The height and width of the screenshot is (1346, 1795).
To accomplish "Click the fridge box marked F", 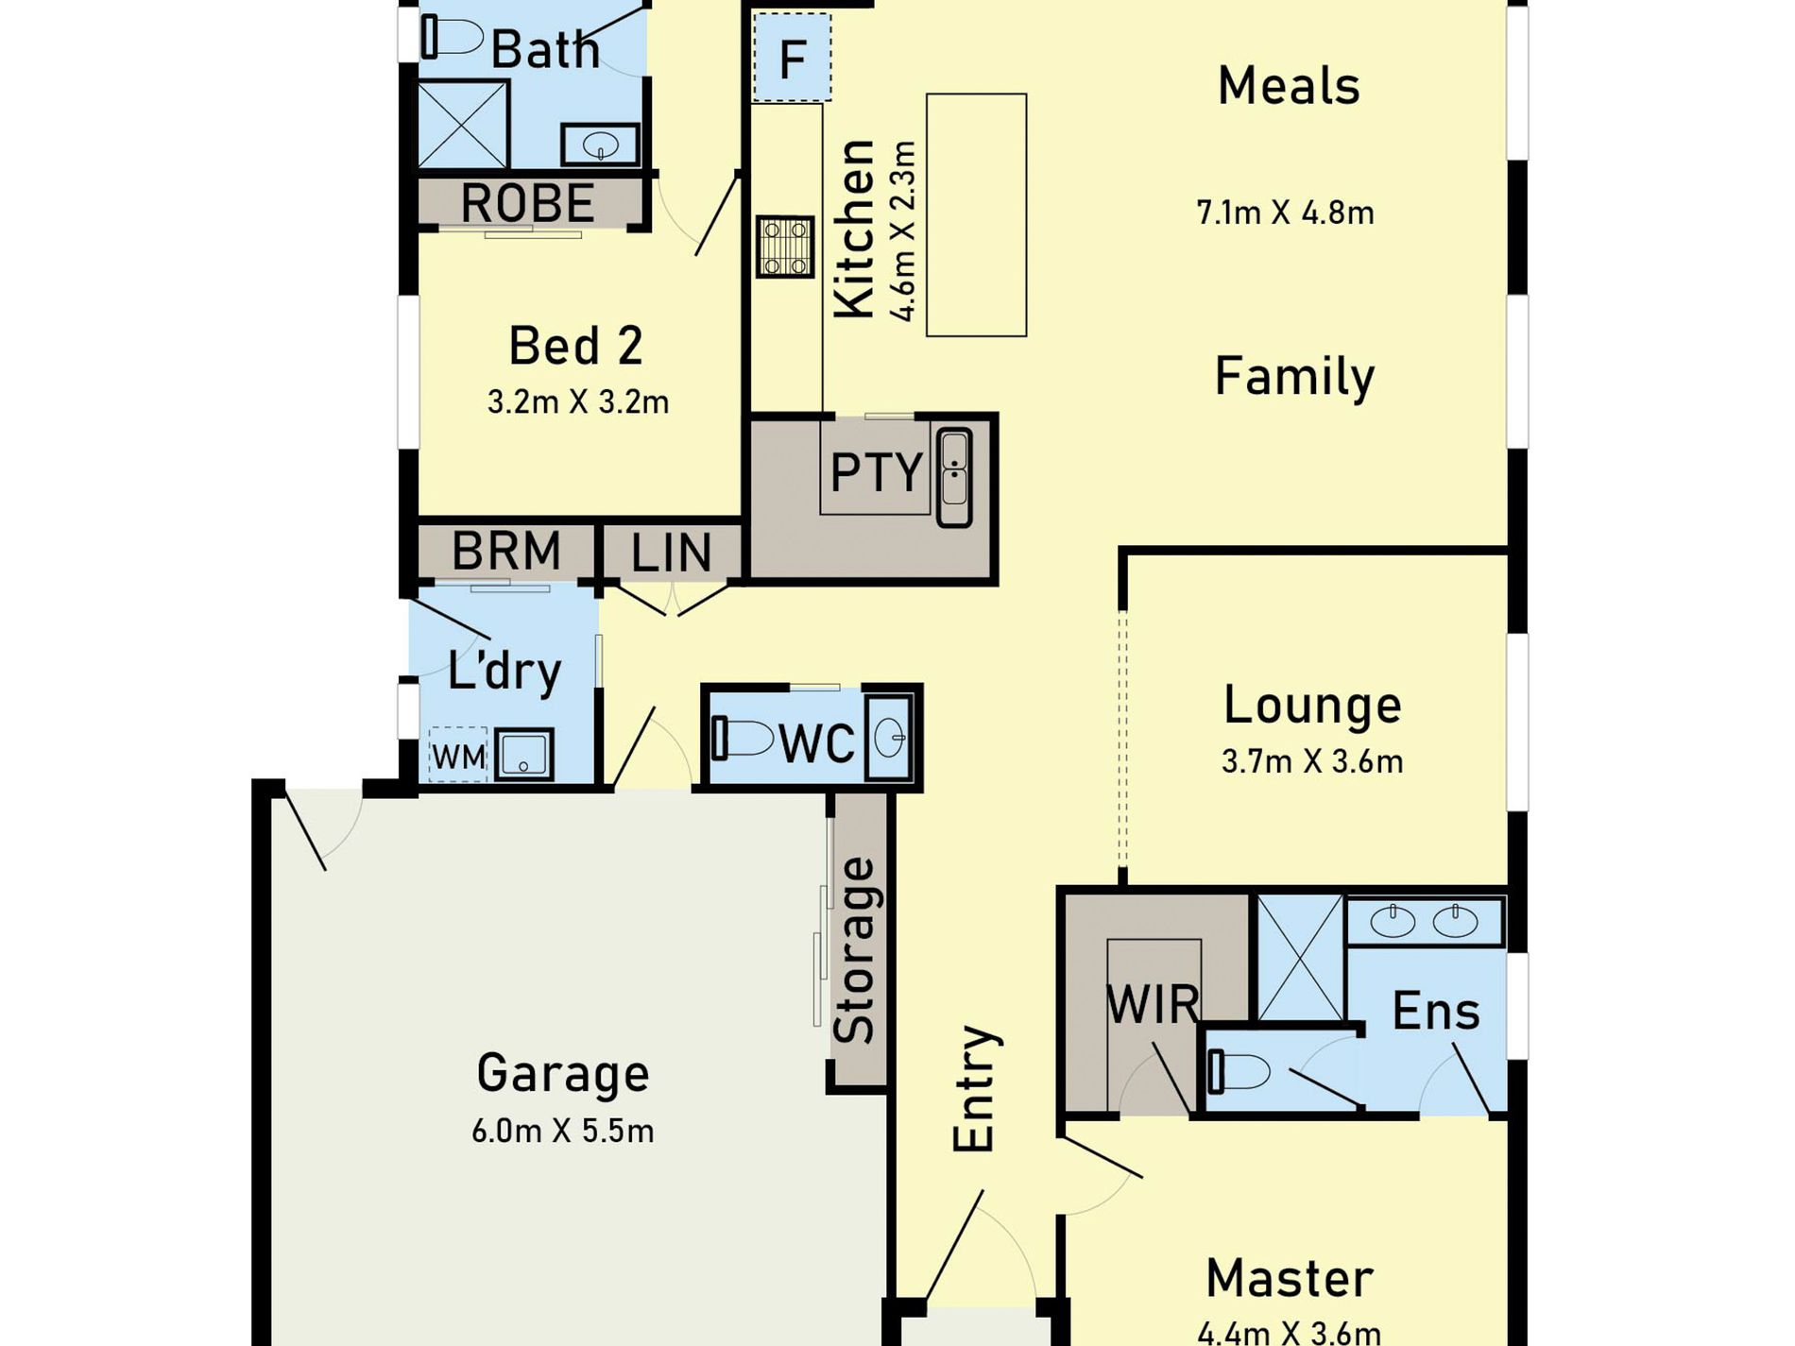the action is coord(792,57).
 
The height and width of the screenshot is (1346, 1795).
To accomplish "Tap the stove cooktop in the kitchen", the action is coord(785,247).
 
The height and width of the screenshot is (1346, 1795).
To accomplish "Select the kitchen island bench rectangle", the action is coord(976,214).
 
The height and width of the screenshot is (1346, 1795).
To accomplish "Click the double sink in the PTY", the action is coord(953,477).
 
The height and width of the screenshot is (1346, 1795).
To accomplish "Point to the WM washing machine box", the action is coord(458,755).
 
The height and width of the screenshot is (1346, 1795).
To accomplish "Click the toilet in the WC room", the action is coord(743,738).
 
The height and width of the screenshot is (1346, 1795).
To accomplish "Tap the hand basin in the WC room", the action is coord(889,738).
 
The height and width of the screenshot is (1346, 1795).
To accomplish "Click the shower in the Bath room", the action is coord(463,125).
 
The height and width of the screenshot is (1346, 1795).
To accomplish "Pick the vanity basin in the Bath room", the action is coord(601,145).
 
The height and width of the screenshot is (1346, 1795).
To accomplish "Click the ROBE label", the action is coord(527,202).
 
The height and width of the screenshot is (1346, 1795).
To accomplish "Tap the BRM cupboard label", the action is coord(506,551).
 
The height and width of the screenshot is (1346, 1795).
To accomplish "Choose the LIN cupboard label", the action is coord(671,553).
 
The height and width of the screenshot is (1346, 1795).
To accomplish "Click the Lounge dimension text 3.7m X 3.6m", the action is coord(1312,760).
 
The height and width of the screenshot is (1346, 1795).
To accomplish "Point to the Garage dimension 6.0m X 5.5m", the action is coord(563,1130).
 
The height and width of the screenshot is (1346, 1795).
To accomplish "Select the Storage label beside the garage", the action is coord(857,949).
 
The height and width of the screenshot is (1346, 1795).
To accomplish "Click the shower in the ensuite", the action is coord(1300,957).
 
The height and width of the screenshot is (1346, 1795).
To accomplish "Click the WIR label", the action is coord(1153,1004).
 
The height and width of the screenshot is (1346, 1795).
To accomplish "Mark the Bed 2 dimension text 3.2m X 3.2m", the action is coord(578,401).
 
